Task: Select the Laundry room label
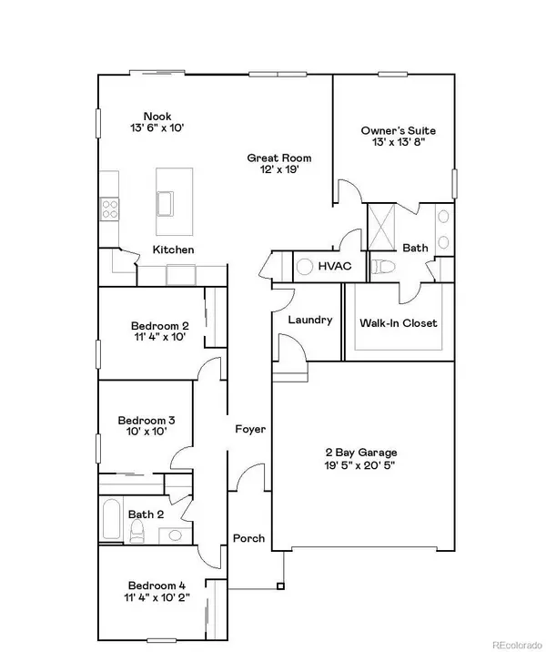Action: pyautogui.click(x=309, y=321)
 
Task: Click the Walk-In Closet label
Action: pyautogui.click(x=399, y=323)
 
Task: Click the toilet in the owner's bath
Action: pyautogui.click(x=380, y=267)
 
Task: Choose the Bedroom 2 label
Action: pyautogui.click(x=159, y=326)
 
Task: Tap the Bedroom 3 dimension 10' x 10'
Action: pyautogui.click(x=147, y=434)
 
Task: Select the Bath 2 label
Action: pyautogui.click(x=147, y=514)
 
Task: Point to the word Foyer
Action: pyautogui.click(x=249, y=428)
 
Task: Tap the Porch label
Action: pyautogui.click(x=248, y=538)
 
